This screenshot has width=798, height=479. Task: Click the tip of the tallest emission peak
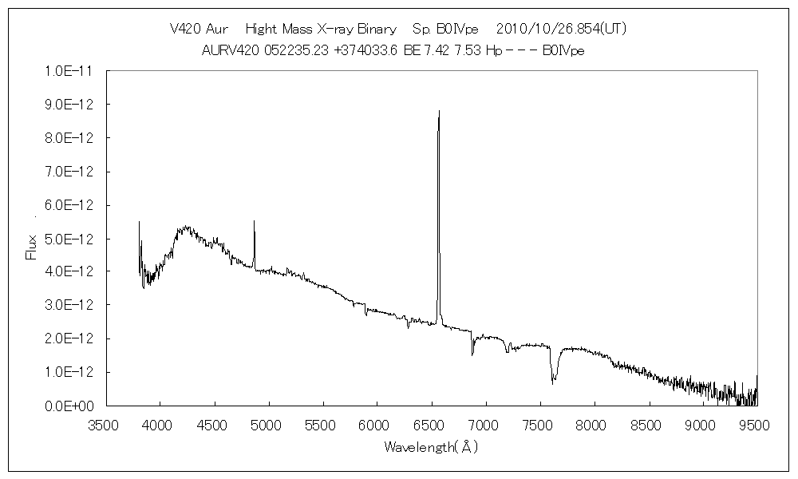point(439,111)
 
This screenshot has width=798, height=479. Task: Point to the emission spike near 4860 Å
point(254,221)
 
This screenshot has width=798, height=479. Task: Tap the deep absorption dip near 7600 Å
point(553,382)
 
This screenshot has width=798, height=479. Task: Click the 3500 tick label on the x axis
point(105,426)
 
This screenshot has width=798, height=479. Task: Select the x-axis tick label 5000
point(268,426)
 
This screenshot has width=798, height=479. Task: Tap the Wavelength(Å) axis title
point(431,446)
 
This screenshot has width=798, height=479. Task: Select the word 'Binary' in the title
point(377,30)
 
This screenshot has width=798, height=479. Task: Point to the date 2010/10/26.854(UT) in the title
point(561,30)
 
